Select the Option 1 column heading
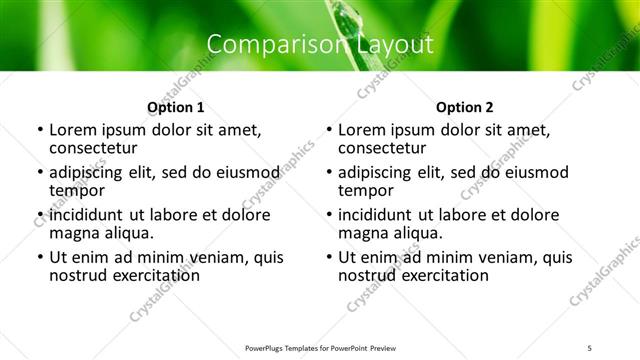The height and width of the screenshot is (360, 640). [x=175, y=107]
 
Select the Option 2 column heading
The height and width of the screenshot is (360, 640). [x=465, y=107]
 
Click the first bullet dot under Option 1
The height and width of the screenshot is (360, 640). [x=39, y=130]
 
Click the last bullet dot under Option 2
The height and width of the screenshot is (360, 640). [x=328, y=257]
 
